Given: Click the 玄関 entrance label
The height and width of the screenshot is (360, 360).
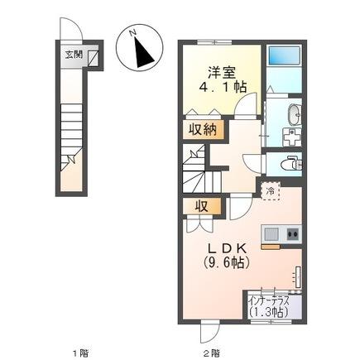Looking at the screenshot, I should pos(73,55).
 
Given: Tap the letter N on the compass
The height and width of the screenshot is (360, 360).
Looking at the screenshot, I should pos(132,33).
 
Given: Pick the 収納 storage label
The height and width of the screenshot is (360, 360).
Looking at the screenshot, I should pos(201,129).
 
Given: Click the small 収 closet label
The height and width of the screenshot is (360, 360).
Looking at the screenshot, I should pos(200,206).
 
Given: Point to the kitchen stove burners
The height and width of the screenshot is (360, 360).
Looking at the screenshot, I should pos(292,235).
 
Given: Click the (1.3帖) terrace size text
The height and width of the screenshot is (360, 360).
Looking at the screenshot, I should pos(269,313).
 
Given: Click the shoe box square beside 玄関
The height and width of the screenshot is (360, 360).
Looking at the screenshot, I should pos(93,56).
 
